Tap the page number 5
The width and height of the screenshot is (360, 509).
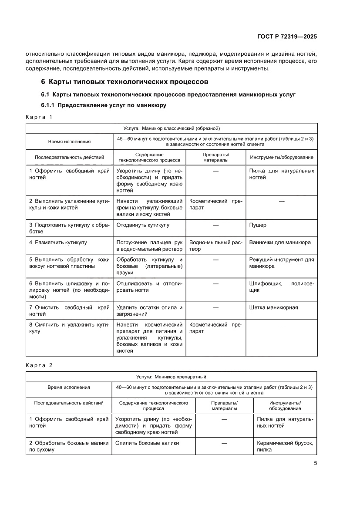315,463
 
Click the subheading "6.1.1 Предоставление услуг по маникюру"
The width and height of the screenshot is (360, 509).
104,105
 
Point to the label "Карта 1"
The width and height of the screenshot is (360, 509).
39,117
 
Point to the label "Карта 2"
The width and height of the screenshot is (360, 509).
39,365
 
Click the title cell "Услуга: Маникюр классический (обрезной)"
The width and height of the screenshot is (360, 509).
172,128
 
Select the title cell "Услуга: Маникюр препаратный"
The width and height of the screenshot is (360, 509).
172,376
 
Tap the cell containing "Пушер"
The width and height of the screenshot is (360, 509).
258,225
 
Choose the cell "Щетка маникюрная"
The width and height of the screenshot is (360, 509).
273,307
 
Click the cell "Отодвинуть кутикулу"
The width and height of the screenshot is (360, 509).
143,225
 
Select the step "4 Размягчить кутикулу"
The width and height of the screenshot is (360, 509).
58,242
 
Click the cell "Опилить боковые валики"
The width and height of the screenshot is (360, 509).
147,443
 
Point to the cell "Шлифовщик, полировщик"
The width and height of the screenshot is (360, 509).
281,287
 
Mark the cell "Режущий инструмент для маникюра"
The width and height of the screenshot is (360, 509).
281,263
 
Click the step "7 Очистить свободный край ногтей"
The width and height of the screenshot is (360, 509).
69,310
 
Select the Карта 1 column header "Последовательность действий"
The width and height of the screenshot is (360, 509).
69,157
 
